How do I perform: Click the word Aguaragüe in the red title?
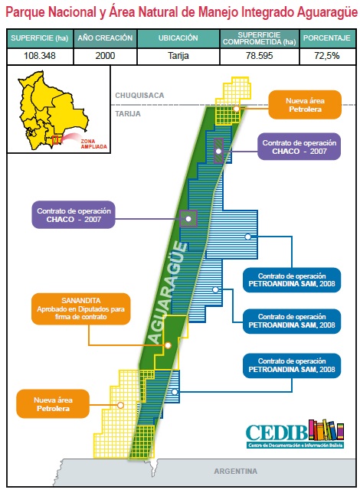327,12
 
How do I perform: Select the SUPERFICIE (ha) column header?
40,38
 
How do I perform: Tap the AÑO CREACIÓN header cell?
106,38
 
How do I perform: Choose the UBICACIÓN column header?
178,38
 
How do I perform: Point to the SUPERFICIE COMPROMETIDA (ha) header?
260,38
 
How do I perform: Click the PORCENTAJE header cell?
326,38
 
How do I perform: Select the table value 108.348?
40,56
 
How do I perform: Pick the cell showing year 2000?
106,56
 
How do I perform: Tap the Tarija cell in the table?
178,56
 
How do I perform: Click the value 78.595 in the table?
260,56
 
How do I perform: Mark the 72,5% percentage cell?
326,56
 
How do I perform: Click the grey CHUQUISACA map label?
139,95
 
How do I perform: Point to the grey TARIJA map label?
128,113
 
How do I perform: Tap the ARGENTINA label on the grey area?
236,471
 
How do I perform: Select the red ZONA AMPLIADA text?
93,144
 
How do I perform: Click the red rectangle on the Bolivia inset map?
55,140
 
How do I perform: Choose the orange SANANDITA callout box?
81,309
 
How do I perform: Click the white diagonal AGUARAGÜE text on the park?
168,292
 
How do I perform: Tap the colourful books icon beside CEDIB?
326,430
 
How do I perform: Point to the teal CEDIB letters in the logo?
277,433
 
